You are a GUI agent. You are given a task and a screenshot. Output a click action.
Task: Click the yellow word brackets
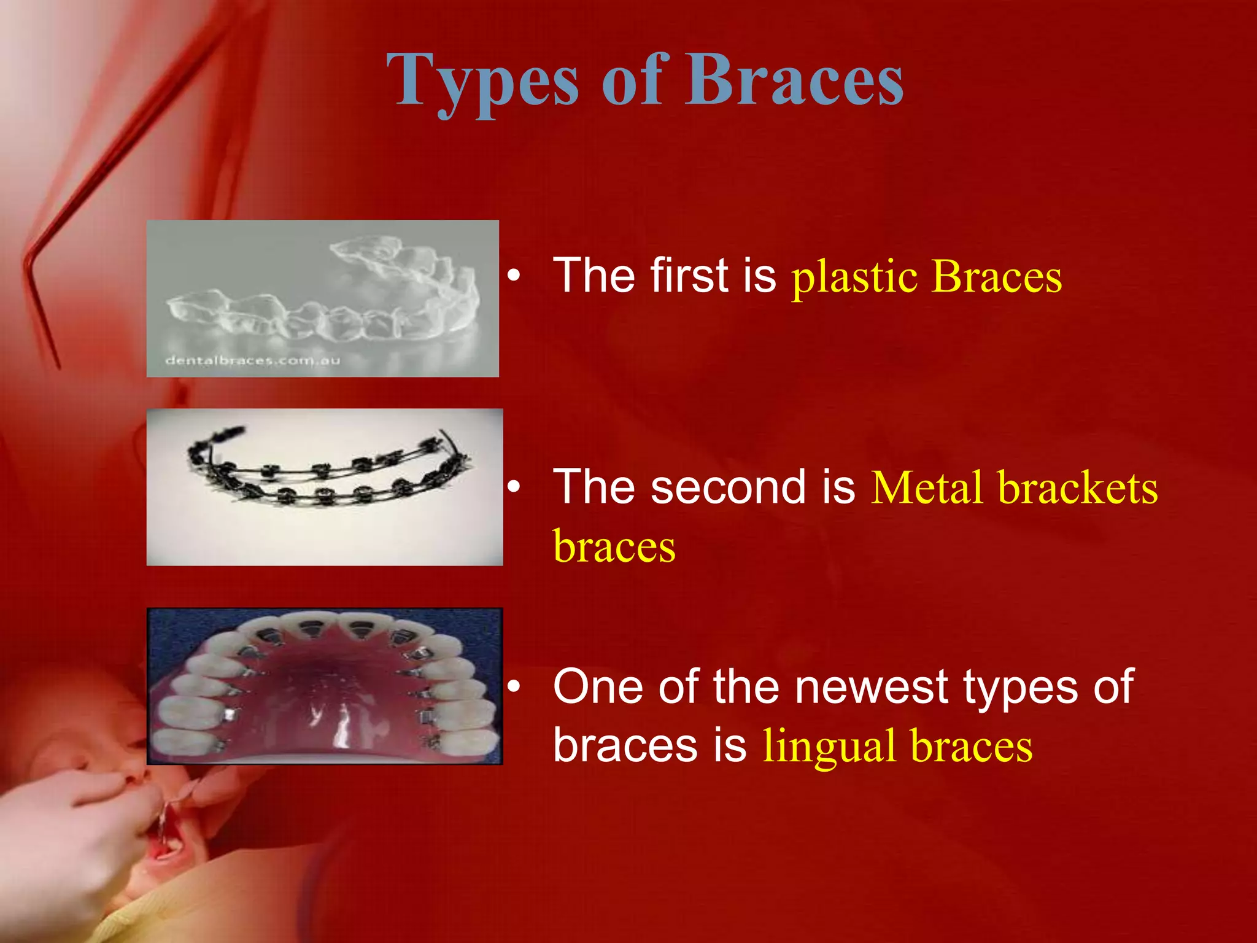tap(1078, 489)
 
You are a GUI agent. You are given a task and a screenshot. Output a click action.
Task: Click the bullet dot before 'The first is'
tap(514, 276)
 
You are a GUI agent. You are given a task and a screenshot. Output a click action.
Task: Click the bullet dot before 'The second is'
tap(514, 487)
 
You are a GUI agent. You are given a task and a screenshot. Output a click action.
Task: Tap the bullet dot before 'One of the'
tap(514, 687)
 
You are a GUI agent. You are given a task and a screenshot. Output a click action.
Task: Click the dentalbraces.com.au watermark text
tap(252, 360)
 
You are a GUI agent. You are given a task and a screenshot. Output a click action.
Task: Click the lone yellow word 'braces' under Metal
tap(614, 547)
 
